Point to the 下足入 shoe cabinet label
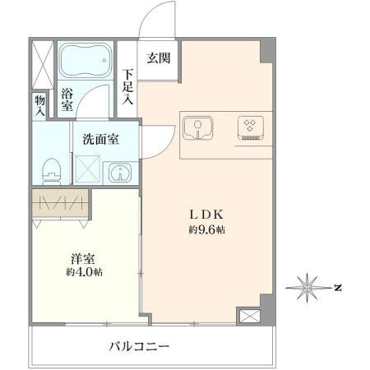point(128,86)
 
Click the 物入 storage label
point(39,106)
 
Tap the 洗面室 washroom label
point(100,139)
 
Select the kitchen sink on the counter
point(198,128)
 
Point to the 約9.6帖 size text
point(206,231)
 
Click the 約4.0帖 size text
point(85,272)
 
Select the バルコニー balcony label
point(139,347)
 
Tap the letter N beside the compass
point(337,287)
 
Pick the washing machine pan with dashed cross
point(88,169)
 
